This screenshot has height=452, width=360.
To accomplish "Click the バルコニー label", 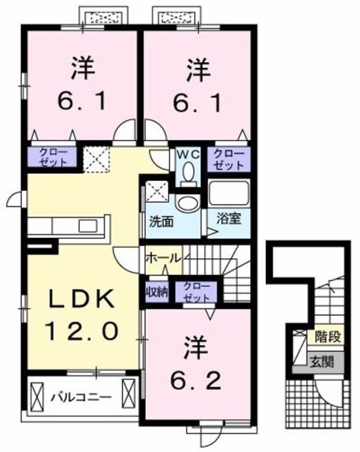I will pos(81,397).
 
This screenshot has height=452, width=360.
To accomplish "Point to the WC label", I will pos(187,153).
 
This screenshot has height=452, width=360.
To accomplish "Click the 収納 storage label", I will pos(156,291).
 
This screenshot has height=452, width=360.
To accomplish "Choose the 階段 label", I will pos(329,337).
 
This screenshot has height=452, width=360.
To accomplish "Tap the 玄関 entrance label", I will pos(329,362).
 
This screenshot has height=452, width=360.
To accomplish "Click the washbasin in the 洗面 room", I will pos(185,202).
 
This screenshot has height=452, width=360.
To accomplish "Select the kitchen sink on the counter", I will pos(86,224).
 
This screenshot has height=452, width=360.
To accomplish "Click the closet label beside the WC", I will pos(228,159).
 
